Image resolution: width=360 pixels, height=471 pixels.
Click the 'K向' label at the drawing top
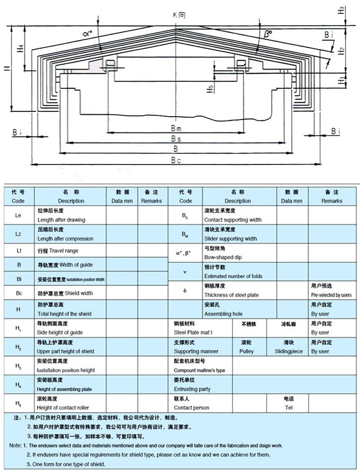(179, 14)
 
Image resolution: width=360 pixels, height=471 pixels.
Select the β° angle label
(267, 34)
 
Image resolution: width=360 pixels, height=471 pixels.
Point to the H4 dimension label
(20, 48)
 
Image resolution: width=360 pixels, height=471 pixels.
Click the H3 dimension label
(341, 10)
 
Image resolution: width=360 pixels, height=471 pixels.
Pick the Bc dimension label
(176, 160)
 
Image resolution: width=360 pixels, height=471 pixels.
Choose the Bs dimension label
(176, 139)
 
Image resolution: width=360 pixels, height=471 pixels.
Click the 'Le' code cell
(18, 215)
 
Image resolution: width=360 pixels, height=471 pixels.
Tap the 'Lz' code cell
(18, 234)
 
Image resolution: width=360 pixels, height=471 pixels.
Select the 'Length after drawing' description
(61, 220)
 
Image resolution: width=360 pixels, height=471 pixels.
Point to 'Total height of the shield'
(64, 314)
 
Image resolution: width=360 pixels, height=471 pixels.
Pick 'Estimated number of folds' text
(233, 276)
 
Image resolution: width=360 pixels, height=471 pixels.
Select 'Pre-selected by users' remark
(331, 295)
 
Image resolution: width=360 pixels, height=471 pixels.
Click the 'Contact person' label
(192, 408)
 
